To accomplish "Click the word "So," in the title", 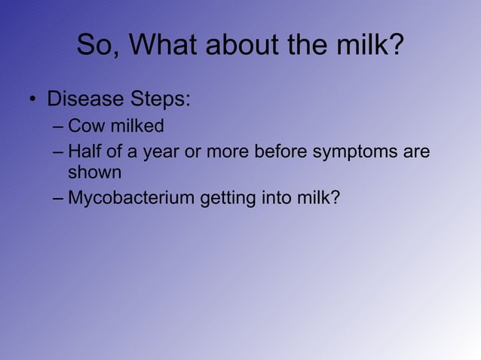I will [x=98, y=46].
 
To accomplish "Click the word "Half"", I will [x=84, y=152].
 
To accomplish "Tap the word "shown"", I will [x=94, y=172].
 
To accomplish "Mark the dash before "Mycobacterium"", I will [x=59, y=199].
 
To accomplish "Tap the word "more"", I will [x=227, y=153].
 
